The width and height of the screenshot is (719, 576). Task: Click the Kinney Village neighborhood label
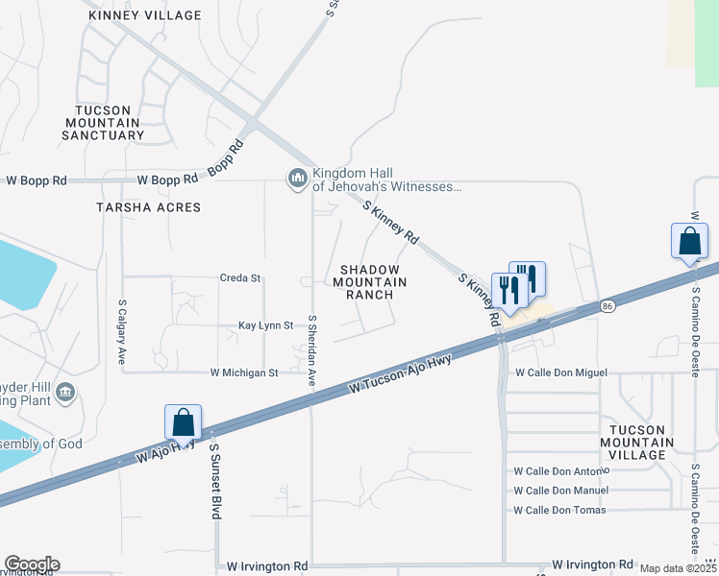(144, 15)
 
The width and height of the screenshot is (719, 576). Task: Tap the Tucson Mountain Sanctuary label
(103, 123)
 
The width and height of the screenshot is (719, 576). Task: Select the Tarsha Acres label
(148, 207)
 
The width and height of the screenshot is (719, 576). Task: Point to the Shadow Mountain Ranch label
(370, 282)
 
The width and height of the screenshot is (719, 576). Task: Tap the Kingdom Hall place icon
(296, 179)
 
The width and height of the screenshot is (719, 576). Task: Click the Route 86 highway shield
(607, 306)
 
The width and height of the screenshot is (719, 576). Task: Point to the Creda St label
(240, 278)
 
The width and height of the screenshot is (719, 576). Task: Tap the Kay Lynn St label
(265, 326)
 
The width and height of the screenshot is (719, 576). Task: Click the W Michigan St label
(244, 372)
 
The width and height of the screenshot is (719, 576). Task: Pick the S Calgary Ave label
(122, 332)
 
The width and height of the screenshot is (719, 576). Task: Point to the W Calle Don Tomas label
(560, 510)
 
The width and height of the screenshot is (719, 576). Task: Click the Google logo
(32, 564)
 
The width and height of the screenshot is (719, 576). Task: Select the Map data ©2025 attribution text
(678, 568)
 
